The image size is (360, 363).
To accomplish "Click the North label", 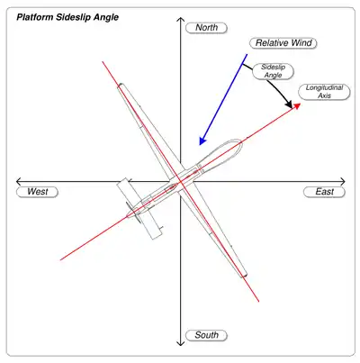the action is pyautogui.click(x=206, y=28).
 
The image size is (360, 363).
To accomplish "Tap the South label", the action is pyautogui.click(x=206, y=335).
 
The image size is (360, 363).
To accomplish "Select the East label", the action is pyautogui.click(x=324, y=192).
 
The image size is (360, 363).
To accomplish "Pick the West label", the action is pyautogui.click(x=37, y=192).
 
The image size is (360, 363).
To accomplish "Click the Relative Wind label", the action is pyautogui.click(x=283, y=43).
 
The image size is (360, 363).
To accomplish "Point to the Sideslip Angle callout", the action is pyautogui.click(x=273, y=71).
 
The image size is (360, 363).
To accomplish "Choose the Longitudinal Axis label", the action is pyautogui.click(x=324, y=92).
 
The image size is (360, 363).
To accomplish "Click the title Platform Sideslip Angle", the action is pyautogui.click(x=67, y=17).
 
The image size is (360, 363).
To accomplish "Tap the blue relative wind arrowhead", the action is pyautogui.click(x=202, y=141).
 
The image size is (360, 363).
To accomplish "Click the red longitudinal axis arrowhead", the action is pyautogui.click(x=296, y=105).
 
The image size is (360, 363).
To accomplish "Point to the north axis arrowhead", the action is pyautogui.click(x=180, y=20).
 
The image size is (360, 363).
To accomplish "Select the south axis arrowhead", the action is pyautogui.click(x=180, y=342).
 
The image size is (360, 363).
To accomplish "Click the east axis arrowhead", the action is pyautogui.click(x=342, y=182).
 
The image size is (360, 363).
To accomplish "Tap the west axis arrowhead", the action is pyautogui.click(x=19, y=182).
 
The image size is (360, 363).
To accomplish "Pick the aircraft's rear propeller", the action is pyautogui.click(x=133, y=213).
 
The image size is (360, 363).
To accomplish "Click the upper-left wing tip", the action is pyautogui.click(x=121, y=86).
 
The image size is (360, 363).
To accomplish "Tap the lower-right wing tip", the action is pyautogui.click(x=244, y=275).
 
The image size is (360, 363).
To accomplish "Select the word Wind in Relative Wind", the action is pyautogui.click(x=301, y=43).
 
